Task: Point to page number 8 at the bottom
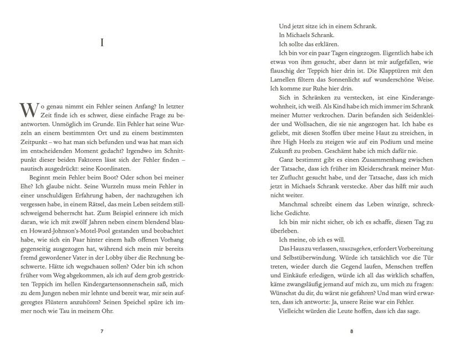(352, 332)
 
